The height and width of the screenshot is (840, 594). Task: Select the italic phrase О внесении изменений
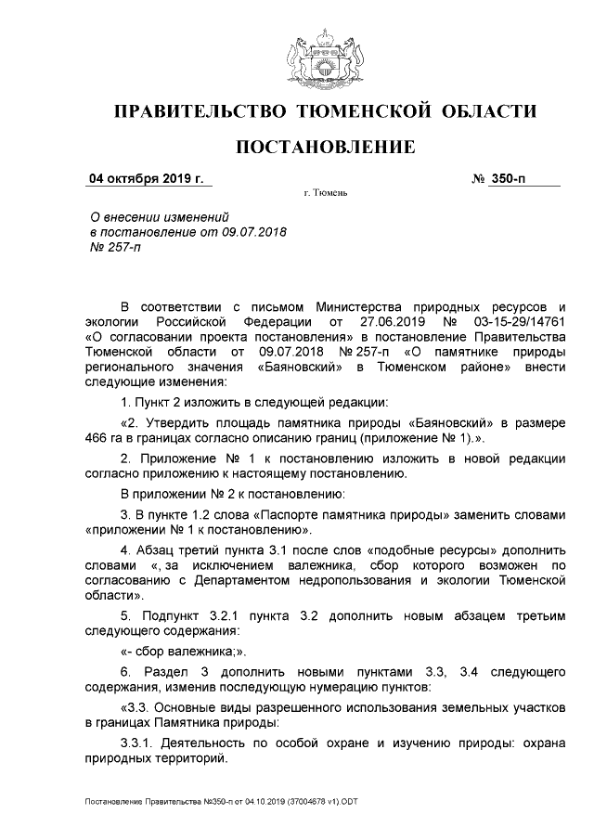point(151,216)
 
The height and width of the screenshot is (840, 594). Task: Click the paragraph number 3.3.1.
point(139,741)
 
